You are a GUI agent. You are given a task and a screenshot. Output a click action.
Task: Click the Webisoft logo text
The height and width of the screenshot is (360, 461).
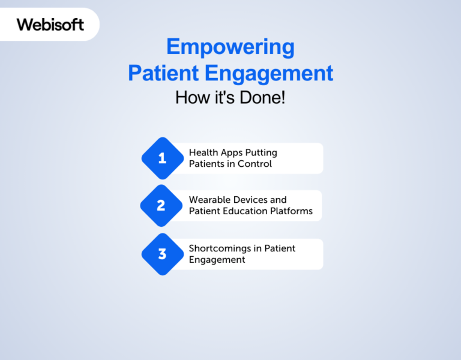(x=50, y=25)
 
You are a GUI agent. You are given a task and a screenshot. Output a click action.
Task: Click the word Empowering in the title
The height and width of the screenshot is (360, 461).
(x=230, y=47)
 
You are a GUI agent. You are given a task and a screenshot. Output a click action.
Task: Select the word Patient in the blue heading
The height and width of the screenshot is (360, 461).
(x=163, y=73)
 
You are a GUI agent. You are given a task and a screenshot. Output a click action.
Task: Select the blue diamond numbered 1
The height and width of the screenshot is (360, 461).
(x=162, y=158)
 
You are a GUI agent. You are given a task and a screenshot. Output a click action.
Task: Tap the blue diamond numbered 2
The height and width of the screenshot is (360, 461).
(x=161, y=206)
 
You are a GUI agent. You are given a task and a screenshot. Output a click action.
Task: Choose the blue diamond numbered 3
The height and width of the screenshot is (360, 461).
(x=162, y=254)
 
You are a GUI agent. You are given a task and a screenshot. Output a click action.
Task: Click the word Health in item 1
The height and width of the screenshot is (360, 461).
(x=203, y=153)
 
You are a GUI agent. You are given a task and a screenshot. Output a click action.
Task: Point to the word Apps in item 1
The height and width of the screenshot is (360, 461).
(x=232, y=153)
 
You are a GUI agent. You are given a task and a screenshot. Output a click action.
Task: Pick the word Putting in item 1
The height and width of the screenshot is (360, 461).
(x=262, y=153)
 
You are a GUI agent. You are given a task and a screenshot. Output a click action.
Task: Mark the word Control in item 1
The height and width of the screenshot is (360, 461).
(x=255, y=164)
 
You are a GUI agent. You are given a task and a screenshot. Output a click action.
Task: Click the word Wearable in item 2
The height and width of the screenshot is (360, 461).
(x=209, y=200)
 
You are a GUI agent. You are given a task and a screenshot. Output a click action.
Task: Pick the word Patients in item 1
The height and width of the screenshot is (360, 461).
(x=207, y=164)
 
